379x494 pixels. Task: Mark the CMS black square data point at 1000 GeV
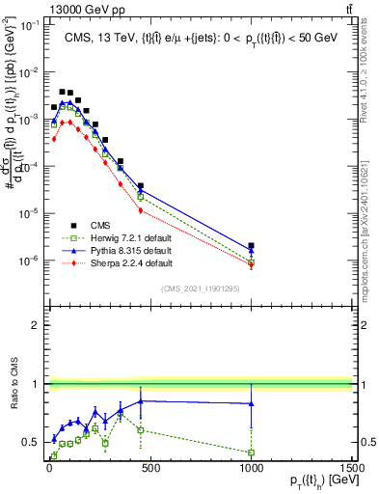click(x=251, y=246)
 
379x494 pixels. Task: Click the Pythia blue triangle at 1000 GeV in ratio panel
click(x=251, y=403)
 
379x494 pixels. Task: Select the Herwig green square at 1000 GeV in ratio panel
click(x=251, y=453)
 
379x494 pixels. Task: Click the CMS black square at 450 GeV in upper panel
click(x=141, y=185)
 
